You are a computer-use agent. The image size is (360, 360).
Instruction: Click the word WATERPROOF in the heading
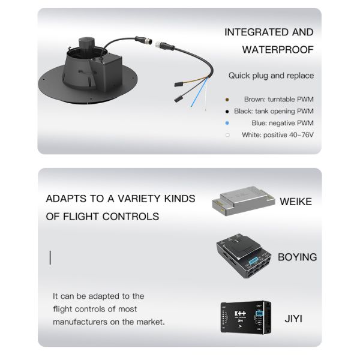coord(277,49)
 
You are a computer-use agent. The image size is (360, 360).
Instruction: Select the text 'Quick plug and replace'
coord(271,76)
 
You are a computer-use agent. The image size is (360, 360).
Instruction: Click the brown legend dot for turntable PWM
coord(227,99)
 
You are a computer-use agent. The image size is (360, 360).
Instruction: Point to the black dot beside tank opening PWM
coord(227,111)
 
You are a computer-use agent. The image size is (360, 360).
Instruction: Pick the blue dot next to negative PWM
coord(227,123)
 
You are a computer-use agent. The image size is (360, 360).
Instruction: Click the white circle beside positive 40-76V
coord(227,135)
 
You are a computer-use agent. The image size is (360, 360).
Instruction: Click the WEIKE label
coord(296,202)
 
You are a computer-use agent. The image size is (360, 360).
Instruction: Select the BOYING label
coord(297,257)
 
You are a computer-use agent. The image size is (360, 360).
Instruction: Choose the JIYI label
coord(293,319)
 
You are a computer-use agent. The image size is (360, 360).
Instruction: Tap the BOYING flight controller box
coord(242,256)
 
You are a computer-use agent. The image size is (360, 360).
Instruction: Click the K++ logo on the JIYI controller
coord(240,313)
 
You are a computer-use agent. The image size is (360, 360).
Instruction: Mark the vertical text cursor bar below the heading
coord(50,258)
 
